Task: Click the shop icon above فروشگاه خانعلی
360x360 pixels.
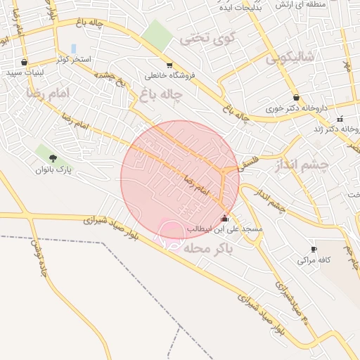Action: pos(169,65)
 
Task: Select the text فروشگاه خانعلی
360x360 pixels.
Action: pos(169,75)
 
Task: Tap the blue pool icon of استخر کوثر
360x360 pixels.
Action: pos(73,49)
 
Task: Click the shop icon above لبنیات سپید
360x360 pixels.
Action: pos(25,62)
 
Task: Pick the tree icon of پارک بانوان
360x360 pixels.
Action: pos(53,158)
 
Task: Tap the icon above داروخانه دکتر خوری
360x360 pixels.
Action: pos(296,98)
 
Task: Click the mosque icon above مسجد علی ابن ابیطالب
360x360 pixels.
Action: pos(224,219)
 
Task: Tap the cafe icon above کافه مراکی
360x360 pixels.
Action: pos(313,249)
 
